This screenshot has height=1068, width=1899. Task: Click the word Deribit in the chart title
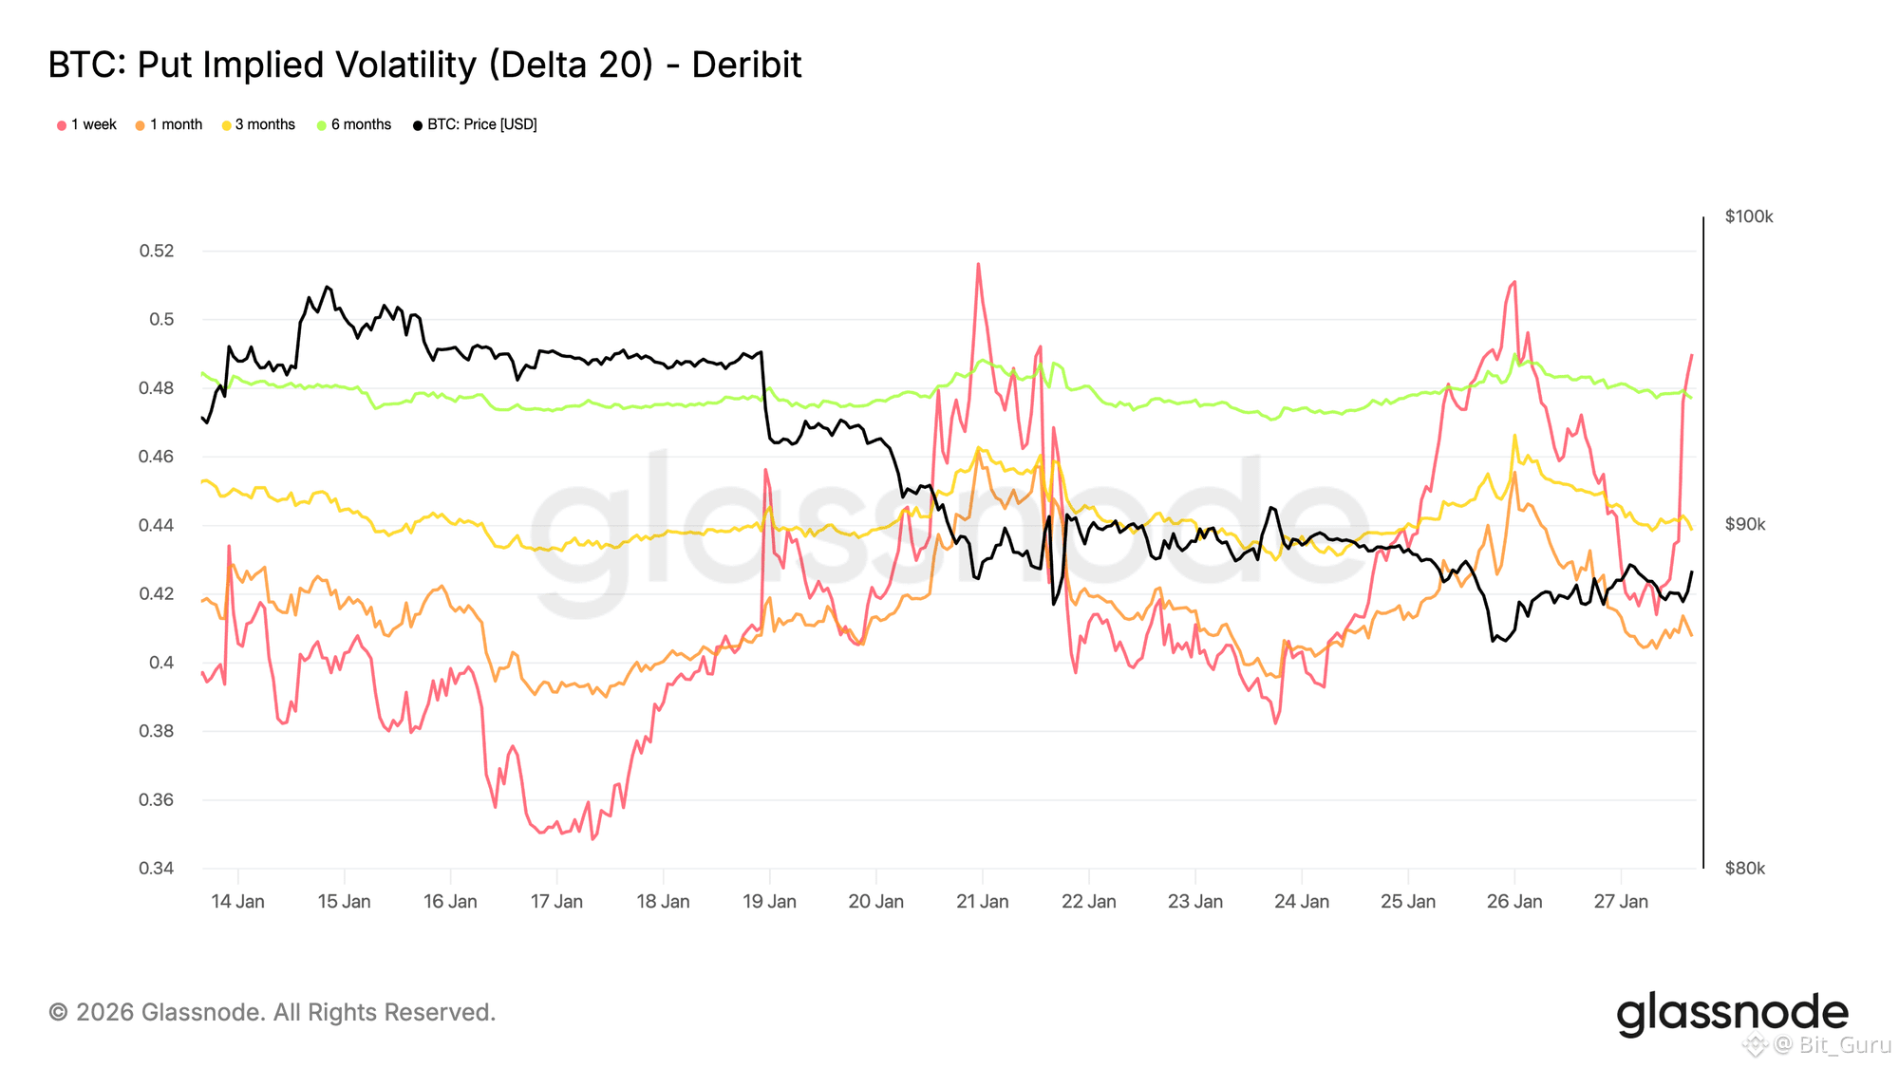click(746, 65)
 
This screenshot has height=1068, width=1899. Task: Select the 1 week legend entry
click(87, 124)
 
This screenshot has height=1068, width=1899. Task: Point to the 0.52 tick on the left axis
click(157, 251)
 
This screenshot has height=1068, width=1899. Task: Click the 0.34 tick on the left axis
click(157, 868)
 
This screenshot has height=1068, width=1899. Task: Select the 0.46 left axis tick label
click(157, 457)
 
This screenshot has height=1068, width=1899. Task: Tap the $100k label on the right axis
click(1749, 216)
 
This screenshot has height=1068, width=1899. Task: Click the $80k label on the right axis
click(1745, 868)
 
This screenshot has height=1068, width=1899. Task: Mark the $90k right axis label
click(1745, 524)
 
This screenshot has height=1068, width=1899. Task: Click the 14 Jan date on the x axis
click(237, 901)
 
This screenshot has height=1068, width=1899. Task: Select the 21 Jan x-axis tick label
click(982, 901)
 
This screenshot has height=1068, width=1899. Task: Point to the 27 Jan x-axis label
click(1620, 901)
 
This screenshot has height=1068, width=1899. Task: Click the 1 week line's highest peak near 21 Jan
click(978, 264)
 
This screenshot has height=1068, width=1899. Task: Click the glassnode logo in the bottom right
click(1732, 1013)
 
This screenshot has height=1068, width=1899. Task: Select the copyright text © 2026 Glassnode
click(272, 1012)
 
